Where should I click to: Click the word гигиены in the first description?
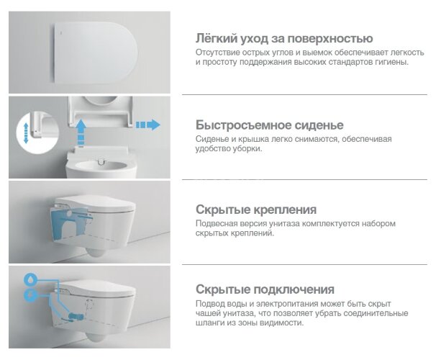click(x=389, y=63)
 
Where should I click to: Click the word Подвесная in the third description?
click(x=218, y=224)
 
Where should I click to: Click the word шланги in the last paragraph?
click(x=214, y=323)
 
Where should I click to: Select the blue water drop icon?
click(x=30, y=279)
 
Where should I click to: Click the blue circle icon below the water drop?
click(x=30, y=295)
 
